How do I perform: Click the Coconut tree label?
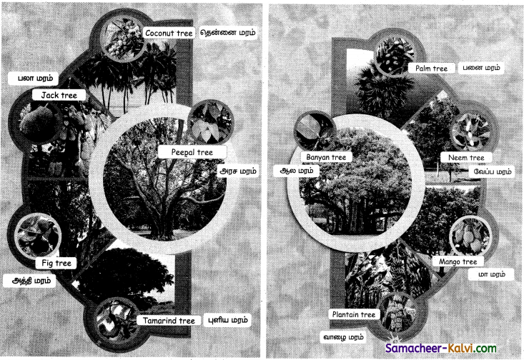[x=169, y=33]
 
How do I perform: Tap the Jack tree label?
[x=59, y=95]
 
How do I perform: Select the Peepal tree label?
[x=192, y=152]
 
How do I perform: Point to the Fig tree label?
[x=56, y=263]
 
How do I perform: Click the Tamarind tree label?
[x=169, y=321]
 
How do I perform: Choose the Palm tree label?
[x=432, y=69]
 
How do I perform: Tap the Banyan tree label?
[x=326, y=157]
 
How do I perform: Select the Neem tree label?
[x=466, y=158]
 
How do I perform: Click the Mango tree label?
[x=458, y=262]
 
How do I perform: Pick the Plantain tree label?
[x=354, y=314]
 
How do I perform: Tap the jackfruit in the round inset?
[x=37, y=119]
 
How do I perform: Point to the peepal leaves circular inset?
[x=211, y=123]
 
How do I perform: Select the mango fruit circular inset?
[x=470, y=236]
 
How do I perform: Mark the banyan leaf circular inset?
[x=314, y=132]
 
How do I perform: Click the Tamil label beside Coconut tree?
[x=228, y=33]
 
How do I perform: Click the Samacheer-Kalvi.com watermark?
[x=441, y=349]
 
